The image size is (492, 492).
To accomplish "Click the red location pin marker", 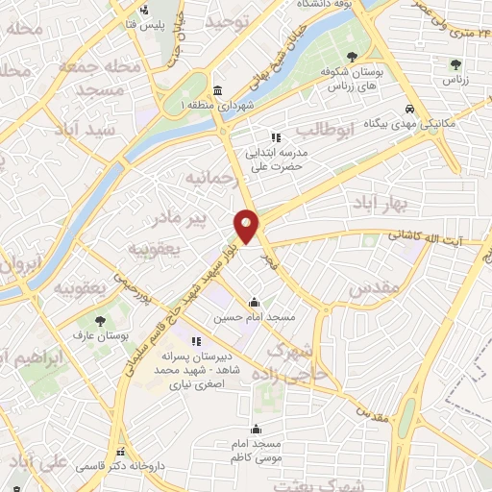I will coord(246,226).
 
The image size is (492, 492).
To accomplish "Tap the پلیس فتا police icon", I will coord(144,12).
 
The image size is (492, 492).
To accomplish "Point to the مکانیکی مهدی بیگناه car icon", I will coord(410,109).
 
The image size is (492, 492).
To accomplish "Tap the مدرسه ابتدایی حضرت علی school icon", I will coord(276,137).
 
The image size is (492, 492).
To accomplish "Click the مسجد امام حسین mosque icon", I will coord(254,302).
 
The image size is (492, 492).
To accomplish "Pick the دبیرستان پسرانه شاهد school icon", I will coord(197,340).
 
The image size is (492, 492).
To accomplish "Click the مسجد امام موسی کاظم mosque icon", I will coord(256,430).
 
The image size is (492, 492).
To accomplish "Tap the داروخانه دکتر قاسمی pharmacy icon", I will coord(120,452).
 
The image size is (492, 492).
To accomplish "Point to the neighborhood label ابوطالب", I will coord(326,129).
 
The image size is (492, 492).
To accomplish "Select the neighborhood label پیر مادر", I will coord(182,219).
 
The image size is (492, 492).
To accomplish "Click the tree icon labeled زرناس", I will coord(456,64).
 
